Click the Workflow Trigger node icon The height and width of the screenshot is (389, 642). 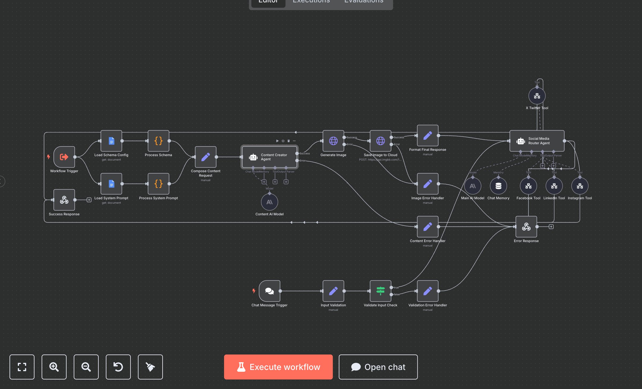tap(64, 157)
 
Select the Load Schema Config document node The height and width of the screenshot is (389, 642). tap(111, 141)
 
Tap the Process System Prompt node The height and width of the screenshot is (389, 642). tap(158, 184)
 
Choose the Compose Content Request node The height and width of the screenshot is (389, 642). tap(206, 157)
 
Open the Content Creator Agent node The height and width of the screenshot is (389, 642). tap(269, 157)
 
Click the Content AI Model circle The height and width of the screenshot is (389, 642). tap(270, 202)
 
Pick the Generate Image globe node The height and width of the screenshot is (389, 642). tap(333, 141)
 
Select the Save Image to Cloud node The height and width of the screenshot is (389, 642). tap(380, 141)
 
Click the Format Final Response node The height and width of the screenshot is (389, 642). tap(428, 136)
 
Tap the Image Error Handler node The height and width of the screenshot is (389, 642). tap(428, 184)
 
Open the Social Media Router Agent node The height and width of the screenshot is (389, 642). tap(537, 141)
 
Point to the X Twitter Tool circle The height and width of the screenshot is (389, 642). tap(537, 96)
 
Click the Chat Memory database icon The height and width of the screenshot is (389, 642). tap(498, 186)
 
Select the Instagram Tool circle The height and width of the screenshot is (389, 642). tap(580, 186)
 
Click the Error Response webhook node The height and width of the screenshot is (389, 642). tap(526, 227)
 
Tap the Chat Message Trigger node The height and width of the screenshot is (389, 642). tap(270, 291)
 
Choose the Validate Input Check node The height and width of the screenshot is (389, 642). tap(380, 291)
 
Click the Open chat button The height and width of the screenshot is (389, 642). tap(378, 367)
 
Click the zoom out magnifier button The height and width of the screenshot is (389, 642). tap(86, 367)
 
